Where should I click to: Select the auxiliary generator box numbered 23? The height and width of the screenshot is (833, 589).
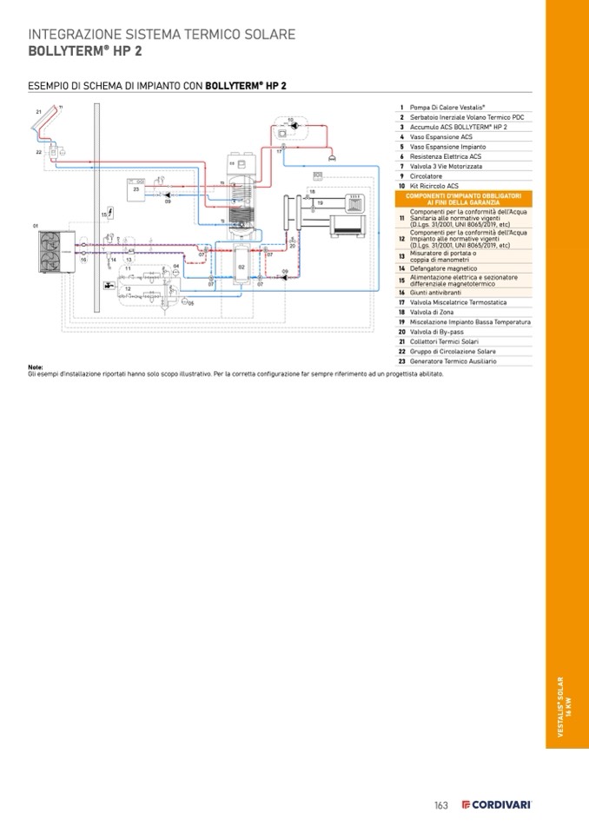coord(137,190)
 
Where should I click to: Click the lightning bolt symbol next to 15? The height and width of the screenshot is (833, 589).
coord(111,212)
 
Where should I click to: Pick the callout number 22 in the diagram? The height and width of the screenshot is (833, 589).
coord(38,152)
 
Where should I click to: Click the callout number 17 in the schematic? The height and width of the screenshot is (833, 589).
coord(279,152)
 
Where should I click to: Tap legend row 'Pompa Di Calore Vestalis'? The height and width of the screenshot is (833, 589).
coord(447,107)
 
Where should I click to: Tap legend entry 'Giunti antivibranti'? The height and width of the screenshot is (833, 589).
coord(435,292)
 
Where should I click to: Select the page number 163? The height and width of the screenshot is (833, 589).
coord(441,805)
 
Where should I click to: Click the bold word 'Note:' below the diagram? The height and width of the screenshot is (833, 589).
coord(36,367)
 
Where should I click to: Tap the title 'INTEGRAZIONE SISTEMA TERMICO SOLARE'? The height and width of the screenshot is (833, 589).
coord(162,35)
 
